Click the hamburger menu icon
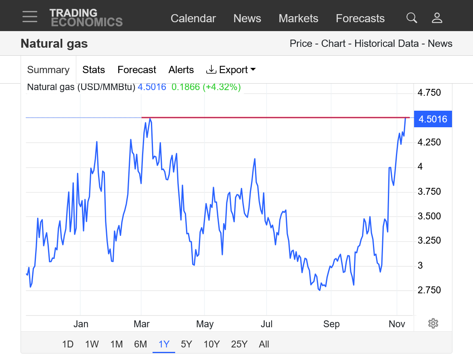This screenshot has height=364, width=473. tap(30, 17)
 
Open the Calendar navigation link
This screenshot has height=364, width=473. tap(193, 19)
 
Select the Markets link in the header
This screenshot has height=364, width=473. tap(298, 19)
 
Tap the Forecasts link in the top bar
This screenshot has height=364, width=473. tap(360, 19)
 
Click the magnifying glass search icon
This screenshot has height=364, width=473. tap(412, 18)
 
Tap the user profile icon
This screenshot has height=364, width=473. tap(437, 18)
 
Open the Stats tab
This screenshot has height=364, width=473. tap(94, 70)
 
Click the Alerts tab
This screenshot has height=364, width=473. tap(181, 70)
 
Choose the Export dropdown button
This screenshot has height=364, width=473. tap(231, 70)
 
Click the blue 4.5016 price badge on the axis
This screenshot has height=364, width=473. tap(433, 119)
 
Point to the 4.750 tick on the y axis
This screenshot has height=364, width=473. tap(429, 93)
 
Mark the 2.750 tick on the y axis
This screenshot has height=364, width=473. tap(429, 290)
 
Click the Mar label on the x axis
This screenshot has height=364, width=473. tap(142, 324)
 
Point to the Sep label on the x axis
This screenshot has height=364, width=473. tap(331, 324)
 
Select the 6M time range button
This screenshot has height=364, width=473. tap(140, 344)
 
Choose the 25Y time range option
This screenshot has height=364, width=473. tap(239, 344)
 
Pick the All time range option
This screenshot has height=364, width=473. tap(264, 344)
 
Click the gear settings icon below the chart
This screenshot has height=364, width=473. tap(433, 323)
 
